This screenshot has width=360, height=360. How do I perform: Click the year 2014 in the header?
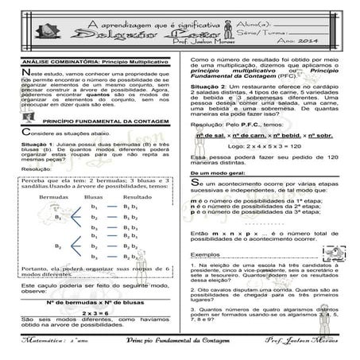[329, 42]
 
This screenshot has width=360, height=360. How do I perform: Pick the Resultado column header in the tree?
[137, 195]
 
